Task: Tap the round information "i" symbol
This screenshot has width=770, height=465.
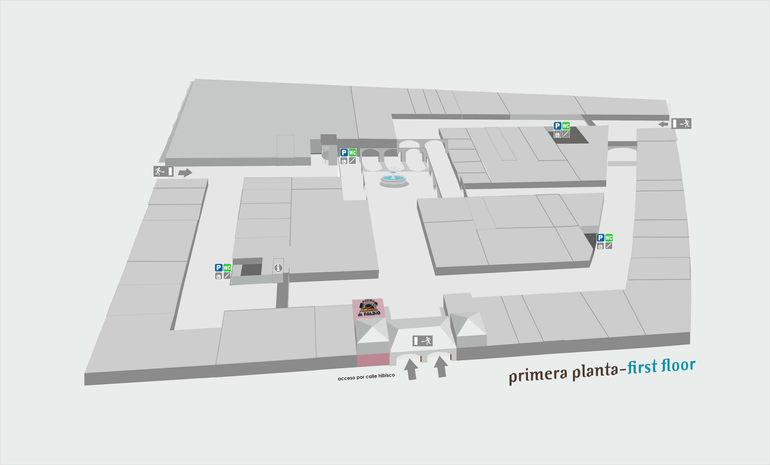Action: click(278, 268)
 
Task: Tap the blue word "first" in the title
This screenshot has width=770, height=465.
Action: click(642, 366)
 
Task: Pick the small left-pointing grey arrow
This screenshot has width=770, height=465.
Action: click(663, 124)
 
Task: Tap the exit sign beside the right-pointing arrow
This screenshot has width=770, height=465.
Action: click(163, 171)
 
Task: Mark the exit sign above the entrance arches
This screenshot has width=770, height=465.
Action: click(423, 341)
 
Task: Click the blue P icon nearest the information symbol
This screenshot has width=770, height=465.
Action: click(219, 267)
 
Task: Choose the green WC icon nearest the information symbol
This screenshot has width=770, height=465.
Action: click(227, 267)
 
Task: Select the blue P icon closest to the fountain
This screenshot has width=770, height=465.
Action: click(344, 152)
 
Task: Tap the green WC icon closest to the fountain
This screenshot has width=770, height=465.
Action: click(352, 152)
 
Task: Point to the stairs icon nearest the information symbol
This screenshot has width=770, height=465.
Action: click(227, 276)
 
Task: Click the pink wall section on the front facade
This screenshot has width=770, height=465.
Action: click(373, 360)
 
